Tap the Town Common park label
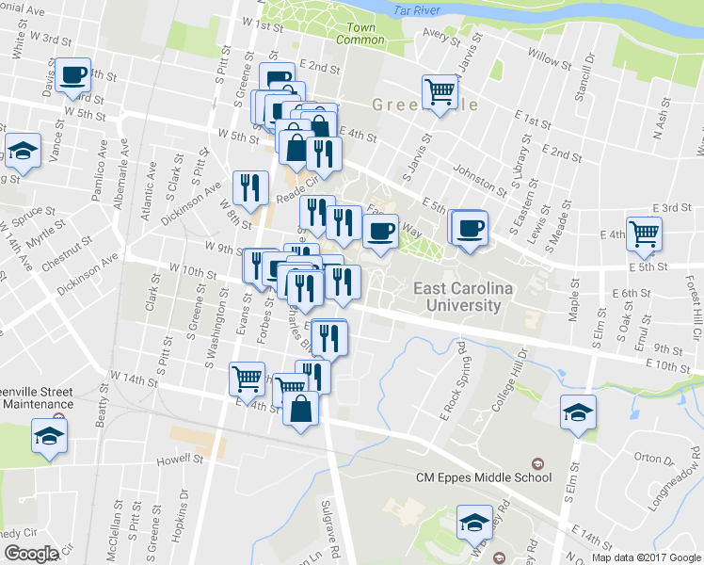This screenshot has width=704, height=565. pos(360,34)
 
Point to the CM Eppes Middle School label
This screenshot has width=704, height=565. pos(484,476)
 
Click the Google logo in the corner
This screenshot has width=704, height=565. pos(30,553)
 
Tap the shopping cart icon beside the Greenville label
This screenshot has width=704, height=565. pos(440,92)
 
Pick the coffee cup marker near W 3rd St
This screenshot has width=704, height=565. pos(72,74)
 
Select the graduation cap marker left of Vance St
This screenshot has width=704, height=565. pos(22,151)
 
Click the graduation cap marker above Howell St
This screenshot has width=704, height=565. pos(49,436)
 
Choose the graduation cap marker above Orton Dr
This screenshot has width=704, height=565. pos(579,412)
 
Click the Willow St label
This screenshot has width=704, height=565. pos(543,56)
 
